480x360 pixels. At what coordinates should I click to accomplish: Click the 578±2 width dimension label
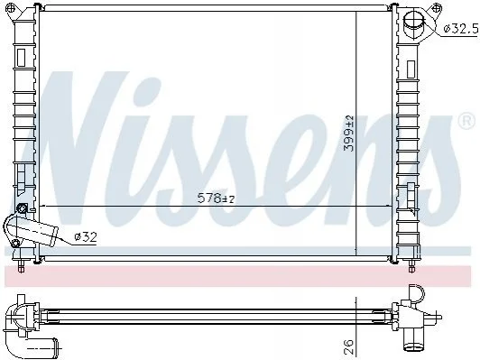217,198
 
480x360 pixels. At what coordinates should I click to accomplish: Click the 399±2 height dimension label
348,134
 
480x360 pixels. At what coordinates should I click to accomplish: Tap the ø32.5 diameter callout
461,29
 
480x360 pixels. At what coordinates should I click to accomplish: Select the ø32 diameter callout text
86,236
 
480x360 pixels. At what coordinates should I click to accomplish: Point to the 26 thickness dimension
348,346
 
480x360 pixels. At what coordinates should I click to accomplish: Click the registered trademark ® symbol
466,121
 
